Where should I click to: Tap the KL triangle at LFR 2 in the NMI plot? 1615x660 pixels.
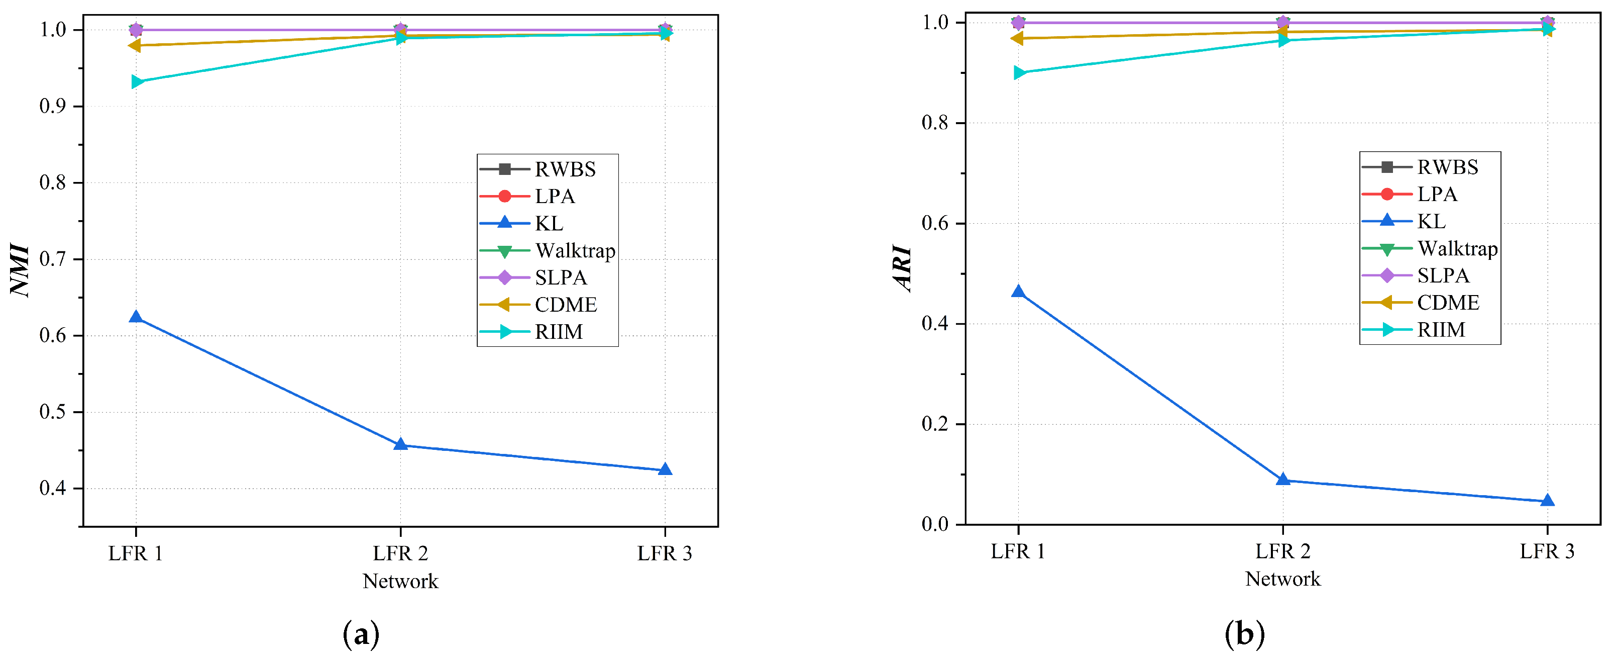click(401, 445)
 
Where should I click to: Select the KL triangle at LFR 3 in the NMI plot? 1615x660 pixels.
click(665, 470)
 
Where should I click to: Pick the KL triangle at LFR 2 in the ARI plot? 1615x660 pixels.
click(1283, 480)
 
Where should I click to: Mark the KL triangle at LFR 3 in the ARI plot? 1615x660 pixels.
click(1547, 501)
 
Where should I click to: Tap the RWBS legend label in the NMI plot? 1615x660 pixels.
click(565, 169)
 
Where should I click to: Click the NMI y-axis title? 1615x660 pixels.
click(21, 270)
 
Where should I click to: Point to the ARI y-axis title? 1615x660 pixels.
click(903, 268)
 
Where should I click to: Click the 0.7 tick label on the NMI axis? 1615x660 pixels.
click(53, 259)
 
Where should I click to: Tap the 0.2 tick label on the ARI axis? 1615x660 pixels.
click(935, 424)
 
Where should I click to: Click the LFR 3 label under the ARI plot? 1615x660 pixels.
click(1547, 551)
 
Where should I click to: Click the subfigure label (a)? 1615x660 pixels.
click(361, 634)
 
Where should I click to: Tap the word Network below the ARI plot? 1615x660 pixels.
click(1283, 579)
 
